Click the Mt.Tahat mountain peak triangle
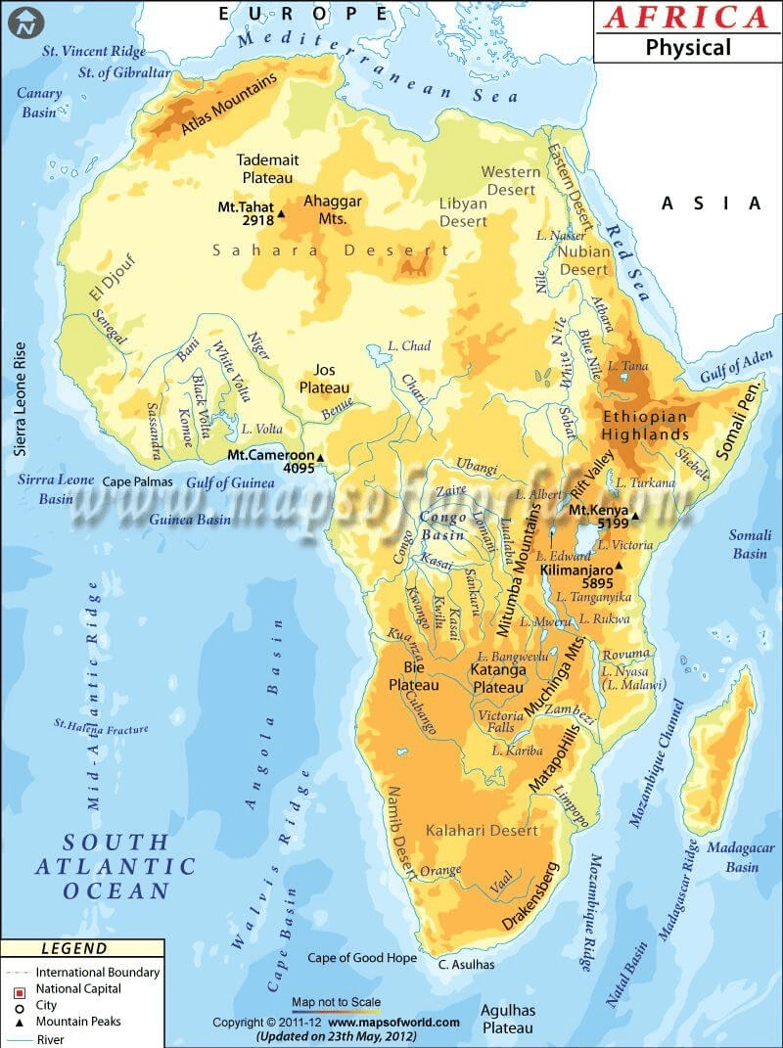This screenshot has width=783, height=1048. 282,213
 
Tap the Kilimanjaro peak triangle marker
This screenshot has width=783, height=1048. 619,565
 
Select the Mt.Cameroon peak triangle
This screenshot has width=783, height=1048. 320,457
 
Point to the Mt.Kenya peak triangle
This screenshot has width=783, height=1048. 635,516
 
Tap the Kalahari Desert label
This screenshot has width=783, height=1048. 482,831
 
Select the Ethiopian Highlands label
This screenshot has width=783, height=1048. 645,425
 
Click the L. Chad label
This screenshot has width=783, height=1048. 409,346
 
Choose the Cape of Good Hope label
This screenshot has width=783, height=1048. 362,958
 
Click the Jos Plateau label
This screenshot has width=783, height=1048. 324,379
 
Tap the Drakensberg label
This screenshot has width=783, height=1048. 530,895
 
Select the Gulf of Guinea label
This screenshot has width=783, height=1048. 230,482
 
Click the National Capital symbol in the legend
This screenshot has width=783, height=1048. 17,989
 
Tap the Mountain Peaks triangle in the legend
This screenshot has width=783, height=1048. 17,1022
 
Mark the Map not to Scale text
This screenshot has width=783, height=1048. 336,1002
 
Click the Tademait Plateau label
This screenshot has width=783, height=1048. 267,168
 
